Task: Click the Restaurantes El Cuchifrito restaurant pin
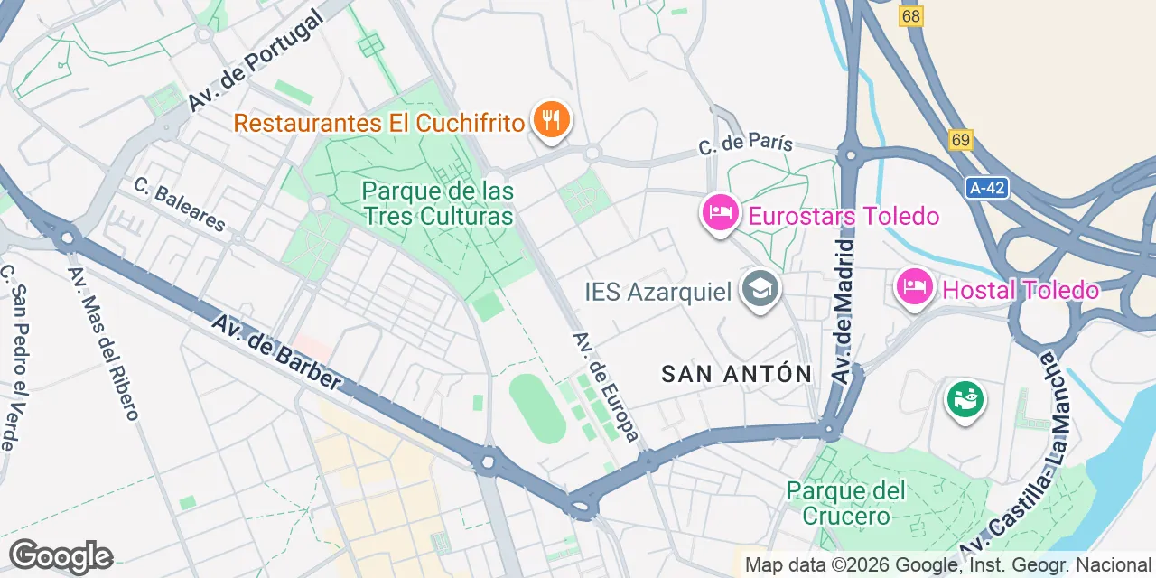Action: click(549, 120)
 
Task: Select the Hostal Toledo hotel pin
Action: click(915, 289)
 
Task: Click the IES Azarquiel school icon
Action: click(760, 291)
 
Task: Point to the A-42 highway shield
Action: click(987, 188)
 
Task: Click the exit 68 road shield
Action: click(911, 16)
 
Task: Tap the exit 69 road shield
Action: click(961, 140)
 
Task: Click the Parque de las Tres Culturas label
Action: click(438, 204)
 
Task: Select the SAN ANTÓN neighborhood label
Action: click(737, 374)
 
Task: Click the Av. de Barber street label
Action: click(277, 352)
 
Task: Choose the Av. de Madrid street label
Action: click(844, 312)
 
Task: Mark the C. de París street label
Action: click(745, 144)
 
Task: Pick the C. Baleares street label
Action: click(179, 204)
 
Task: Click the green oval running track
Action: click(537, 409)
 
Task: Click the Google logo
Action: click(61, 556)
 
